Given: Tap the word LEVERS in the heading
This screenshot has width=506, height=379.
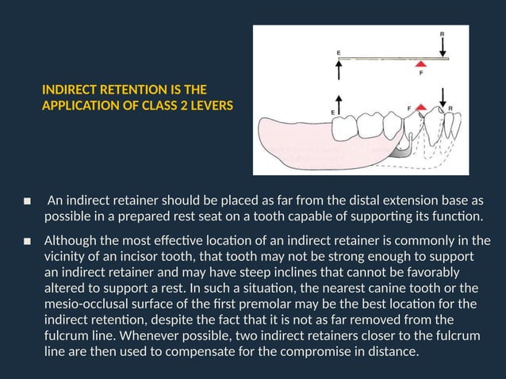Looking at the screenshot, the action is (212, 104).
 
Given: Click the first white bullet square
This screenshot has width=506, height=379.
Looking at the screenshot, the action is (27, 201).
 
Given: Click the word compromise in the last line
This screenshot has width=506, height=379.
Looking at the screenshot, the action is (311, 351).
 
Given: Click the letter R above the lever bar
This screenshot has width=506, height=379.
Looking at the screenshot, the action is (443, 35).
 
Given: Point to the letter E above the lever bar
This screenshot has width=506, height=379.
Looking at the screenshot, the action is (339, 53).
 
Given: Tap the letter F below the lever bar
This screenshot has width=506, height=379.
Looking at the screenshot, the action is (420, 76).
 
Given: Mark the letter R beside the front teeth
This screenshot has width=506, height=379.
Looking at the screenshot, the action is (450, 108).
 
